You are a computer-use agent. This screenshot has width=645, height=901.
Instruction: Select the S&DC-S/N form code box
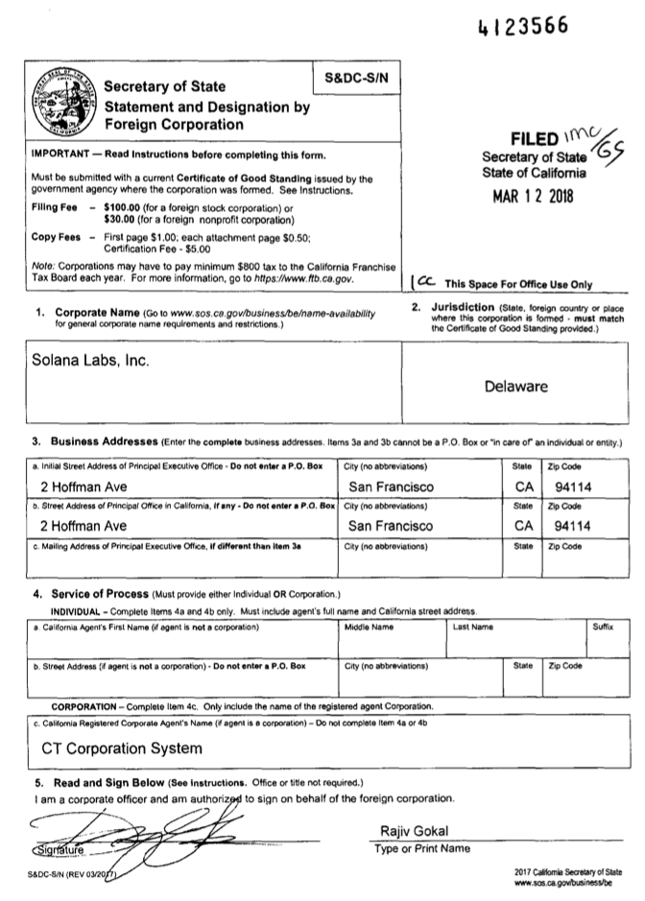coord(357,77)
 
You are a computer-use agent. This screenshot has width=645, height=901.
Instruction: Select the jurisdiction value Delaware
coord(515,387)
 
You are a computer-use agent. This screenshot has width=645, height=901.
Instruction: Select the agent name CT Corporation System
coord(121,747)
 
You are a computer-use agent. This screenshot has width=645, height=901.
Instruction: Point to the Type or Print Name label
coord(422,848)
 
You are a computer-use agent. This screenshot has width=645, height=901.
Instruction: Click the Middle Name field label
coord(369,627)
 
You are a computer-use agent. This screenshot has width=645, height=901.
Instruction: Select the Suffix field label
coord(603,627)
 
